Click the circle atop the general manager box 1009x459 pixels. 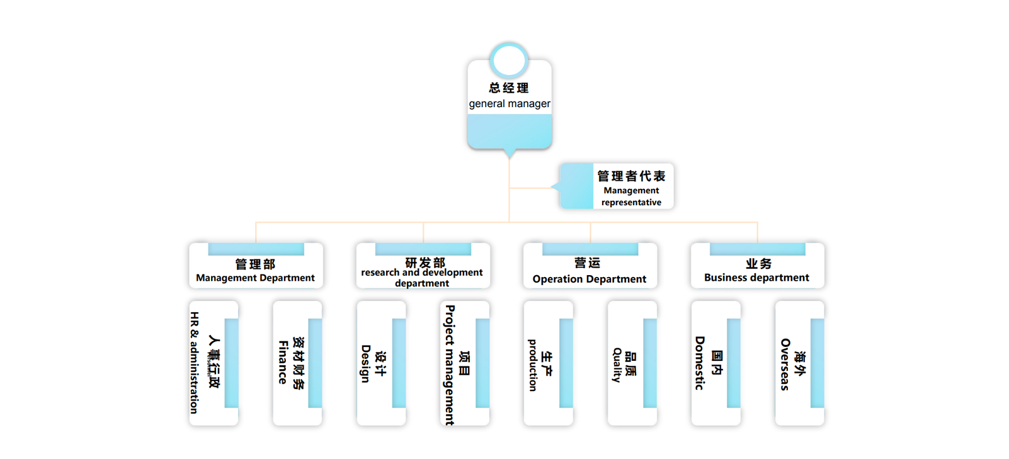coord(509,60)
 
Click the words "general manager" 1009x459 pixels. coord(510,104)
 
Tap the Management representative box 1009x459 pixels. coord(617,186)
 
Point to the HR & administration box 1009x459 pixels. coord(214,363)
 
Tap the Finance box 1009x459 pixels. coord(297,363)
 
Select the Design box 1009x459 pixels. coord(381,363)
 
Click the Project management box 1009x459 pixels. coord(464,363)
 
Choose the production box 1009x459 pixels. coord(548,363)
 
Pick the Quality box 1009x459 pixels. coord(632,363)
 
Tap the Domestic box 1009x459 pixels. coord(715,363)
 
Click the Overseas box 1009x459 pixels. coord(799,363)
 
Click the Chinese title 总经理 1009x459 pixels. coord(509,88)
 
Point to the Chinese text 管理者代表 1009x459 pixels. coord(631,176)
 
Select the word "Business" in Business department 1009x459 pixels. coord(725,278)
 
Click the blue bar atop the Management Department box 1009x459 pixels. coord(256,249)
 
